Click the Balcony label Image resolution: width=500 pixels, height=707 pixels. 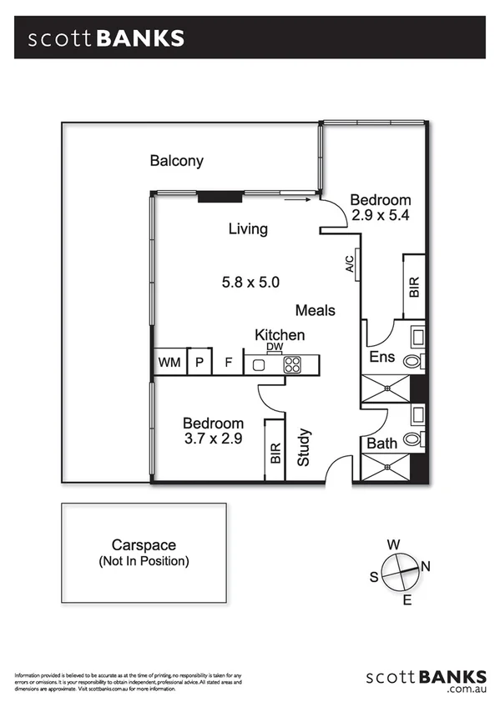[x=176, y=161]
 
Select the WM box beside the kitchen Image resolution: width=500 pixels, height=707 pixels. [x=169, y=364]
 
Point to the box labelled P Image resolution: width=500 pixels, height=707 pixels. [x=199, y=364]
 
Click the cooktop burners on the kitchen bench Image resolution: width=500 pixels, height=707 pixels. [x=292, y=364]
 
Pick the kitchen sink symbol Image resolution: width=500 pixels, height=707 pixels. [x=259, y=364]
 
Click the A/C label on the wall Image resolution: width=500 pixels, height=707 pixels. [x=351, y=264]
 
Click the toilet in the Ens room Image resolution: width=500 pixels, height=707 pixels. [x=413, y=362]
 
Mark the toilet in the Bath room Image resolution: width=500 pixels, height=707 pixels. [x=413, y=439]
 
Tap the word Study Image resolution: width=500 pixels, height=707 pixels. [x=304, y=447]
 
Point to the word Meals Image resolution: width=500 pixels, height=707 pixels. [x=316, y=310]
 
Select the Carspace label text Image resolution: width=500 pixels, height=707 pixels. [x=144, y=545]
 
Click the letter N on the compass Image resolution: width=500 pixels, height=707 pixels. [x=426, y=567]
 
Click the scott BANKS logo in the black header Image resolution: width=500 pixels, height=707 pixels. [x=107, y=38]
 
